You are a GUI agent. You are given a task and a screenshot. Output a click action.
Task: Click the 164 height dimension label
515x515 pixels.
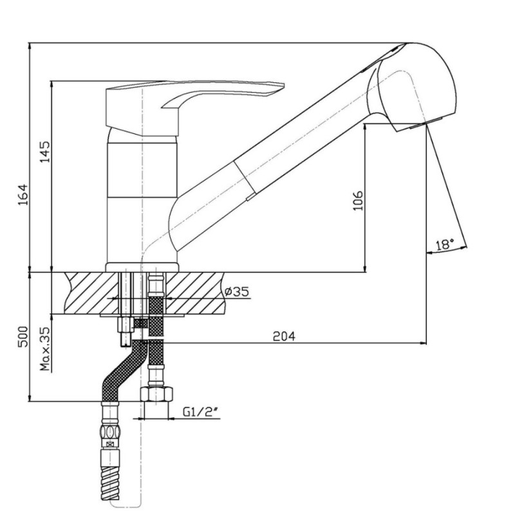[x=23, y=195]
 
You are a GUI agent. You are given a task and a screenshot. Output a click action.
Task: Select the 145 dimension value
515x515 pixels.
[x=44, y=152]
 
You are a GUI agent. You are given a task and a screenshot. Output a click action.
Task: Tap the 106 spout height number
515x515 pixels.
[x=359, y=200]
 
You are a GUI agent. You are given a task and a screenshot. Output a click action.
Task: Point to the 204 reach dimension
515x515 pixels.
[x=284, y=336]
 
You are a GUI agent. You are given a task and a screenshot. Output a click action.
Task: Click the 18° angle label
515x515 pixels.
[x=445, y=245]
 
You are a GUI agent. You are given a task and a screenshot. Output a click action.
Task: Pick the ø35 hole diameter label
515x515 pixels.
[x=237, y=292]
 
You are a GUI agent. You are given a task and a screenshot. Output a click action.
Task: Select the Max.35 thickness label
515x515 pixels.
[x=44, y=349]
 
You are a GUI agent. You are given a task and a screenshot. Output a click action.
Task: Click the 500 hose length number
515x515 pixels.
[x=23, y=337]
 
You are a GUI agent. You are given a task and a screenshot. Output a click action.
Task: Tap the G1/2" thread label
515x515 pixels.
[x=201, y=412]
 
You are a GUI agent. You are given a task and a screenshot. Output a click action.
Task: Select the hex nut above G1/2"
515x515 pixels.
[x=156, y=394]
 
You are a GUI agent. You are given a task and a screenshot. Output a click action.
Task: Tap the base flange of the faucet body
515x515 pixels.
[x=142, y=267]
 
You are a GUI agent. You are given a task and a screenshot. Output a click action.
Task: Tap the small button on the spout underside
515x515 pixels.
[x=251, y=197]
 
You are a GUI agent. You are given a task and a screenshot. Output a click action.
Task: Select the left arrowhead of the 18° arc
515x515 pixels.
[x=429, y=252]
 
